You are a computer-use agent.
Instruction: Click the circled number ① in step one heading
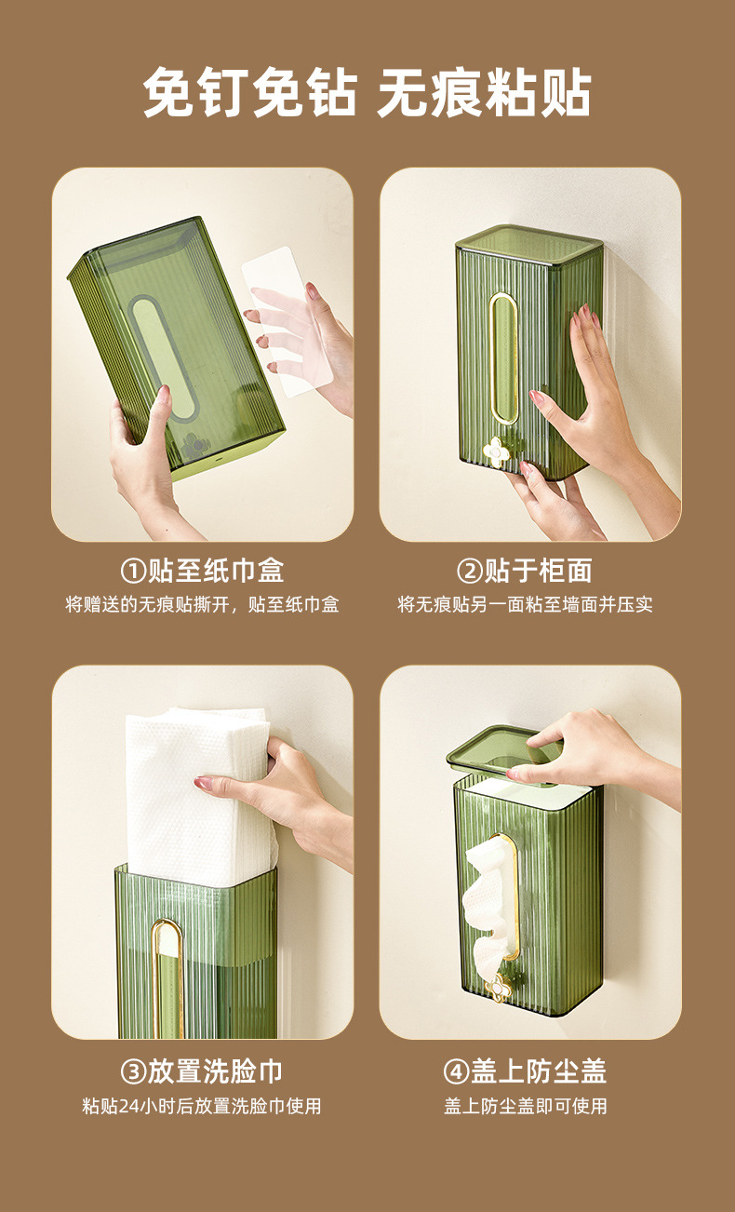click(x=133, y=571)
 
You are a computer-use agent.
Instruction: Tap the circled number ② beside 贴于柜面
click(x=470, y=571)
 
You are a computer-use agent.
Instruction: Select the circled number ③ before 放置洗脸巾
click(x=133, y=1071)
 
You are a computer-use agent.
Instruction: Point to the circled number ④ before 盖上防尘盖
click(x=456, y=1071)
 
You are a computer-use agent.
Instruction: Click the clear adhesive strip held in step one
click(x=287, y=322)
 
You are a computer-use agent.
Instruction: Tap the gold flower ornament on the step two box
click(x=495, y=451)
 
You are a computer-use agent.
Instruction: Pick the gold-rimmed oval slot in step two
click(x=503, y=357)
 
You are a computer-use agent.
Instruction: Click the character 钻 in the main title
click(x=331, y=92)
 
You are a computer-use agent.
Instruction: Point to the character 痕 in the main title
click(x=457, y=92)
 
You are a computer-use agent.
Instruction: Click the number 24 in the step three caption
click(x=128, y=1106)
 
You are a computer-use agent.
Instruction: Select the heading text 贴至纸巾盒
click(x=216, y=571)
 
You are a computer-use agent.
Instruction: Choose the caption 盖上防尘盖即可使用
click(x=525, y=1106)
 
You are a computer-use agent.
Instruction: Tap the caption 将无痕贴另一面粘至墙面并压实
click(x=525, y=604)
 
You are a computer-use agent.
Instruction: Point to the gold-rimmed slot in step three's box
click(x=167, y=978)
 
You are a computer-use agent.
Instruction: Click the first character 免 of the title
click(x=168, y=92)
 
